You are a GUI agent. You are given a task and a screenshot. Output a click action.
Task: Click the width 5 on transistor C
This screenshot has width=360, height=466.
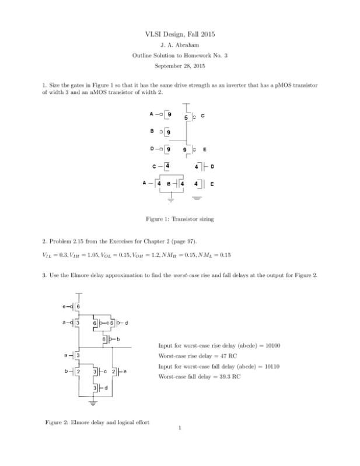186,118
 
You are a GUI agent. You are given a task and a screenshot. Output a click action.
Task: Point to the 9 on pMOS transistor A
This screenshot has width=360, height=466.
169,114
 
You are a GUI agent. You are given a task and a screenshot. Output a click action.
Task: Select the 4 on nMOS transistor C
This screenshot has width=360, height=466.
168,166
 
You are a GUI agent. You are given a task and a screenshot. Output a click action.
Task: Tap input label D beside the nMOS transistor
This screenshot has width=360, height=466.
212,167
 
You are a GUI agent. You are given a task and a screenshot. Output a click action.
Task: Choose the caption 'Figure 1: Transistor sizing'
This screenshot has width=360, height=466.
180,219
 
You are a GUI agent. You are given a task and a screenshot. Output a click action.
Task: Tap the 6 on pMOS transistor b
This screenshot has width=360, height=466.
104,339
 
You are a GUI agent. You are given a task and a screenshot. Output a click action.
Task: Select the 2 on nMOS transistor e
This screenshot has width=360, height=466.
114,371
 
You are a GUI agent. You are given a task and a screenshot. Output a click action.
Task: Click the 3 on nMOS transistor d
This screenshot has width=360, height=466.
95,387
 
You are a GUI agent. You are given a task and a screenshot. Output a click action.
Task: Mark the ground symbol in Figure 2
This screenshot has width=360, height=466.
91,402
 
